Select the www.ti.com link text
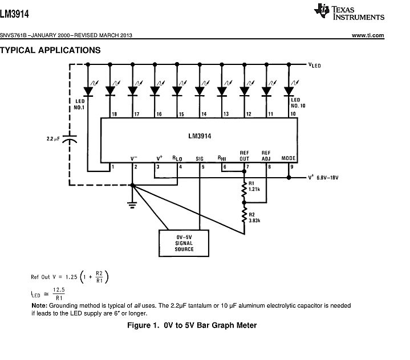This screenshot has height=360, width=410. click(368, 35)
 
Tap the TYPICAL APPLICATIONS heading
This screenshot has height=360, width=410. click(50, 50)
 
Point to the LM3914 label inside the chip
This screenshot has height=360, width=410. click(200, 136)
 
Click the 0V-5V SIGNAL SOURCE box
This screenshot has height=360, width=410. click(184, 243)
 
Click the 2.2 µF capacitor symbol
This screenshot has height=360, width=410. click(70, 138)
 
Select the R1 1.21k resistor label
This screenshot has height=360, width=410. click(255, 186)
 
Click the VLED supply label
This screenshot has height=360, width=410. click(314, 65)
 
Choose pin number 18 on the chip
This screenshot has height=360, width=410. click(114, 114)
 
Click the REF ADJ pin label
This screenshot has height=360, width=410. click(266, 156)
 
